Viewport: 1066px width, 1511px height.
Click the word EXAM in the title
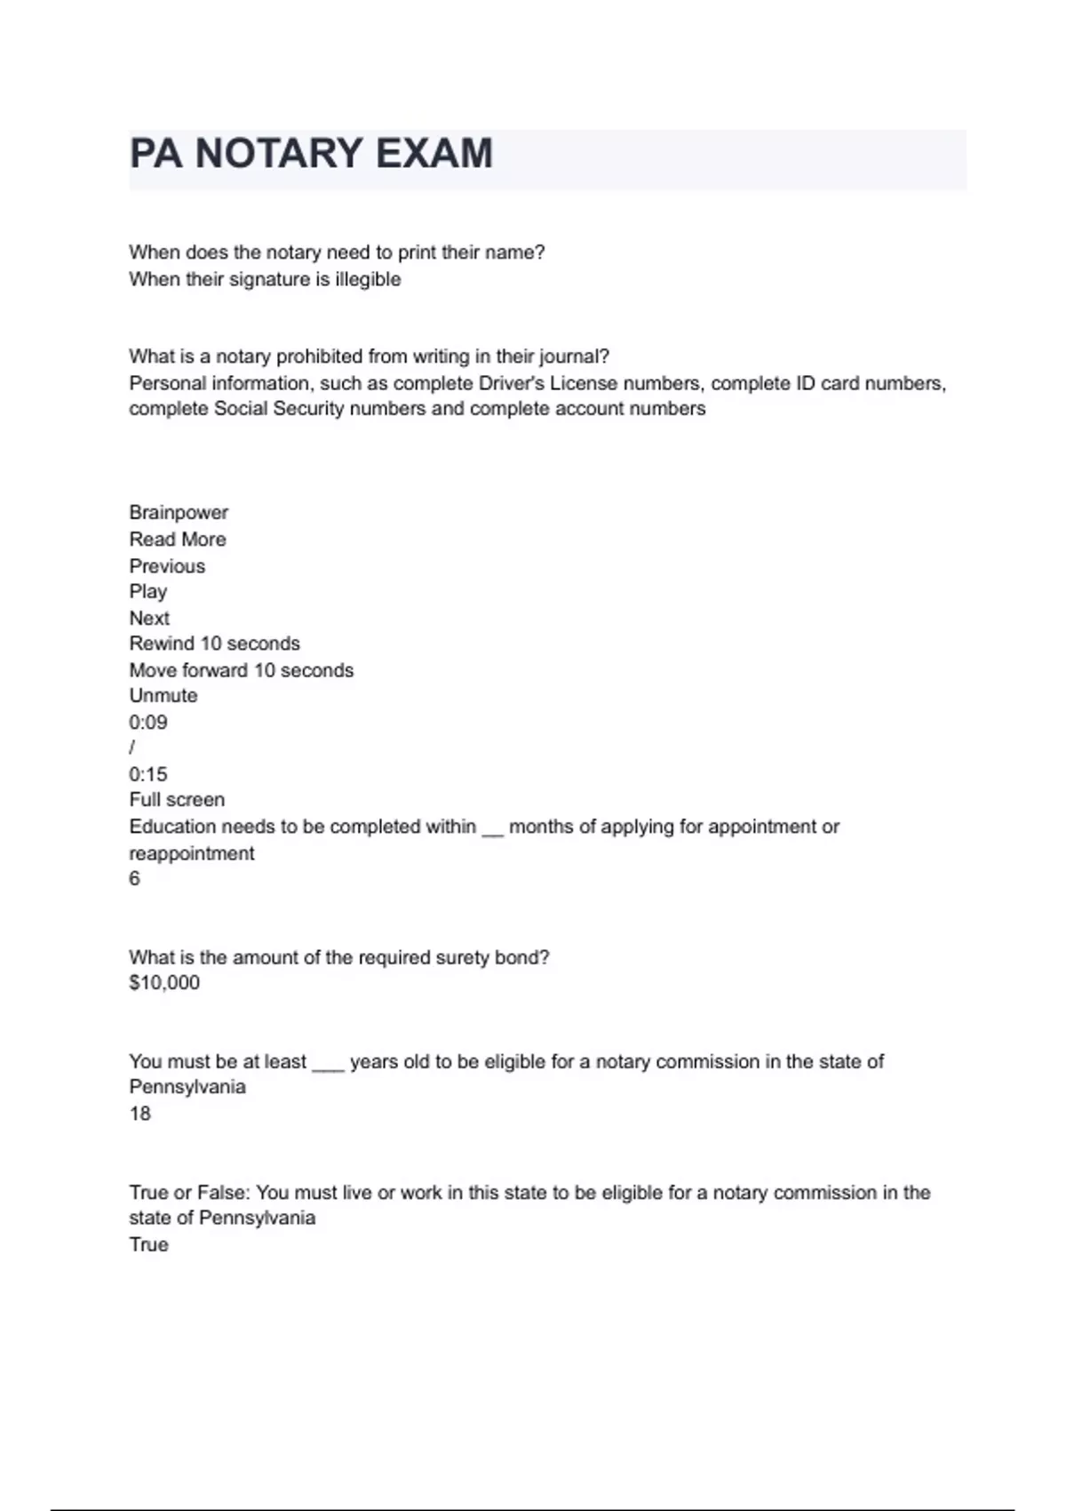(433, 154)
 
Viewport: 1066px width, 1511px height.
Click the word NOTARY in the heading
(279, 154)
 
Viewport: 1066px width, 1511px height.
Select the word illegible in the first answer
(368, 279)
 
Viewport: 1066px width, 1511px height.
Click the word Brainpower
(179, 513)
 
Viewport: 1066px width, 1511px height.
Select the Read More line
(178, 540)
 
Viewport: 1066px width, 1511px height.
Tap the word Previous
(167, 566)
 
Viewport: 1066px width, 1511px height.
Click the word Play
(147, 592)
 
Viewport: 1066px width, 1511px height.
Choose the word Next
(149, 619)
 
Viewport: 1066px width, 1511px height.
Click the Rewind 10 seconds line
(214, 644)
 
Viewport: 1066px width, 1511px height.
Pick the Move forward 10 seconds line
(241, 670)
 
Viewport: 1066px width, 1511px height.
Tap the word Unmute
(163, 696)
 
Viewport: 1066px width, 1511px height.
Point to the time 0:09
(148, 723)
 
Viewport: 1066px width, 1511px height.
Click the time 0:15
(148, 774)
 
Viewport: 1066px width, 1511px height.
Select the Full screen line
(177, 800)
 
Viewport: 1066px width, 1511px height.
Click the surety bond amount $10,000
(164, 983)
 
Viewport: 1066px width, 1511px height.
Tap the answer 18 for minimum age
(140, 1114)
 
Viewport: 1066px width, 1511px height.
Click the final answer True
(148, 1244)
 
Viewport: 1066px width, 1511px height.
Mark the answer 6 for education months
(135, 879)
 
